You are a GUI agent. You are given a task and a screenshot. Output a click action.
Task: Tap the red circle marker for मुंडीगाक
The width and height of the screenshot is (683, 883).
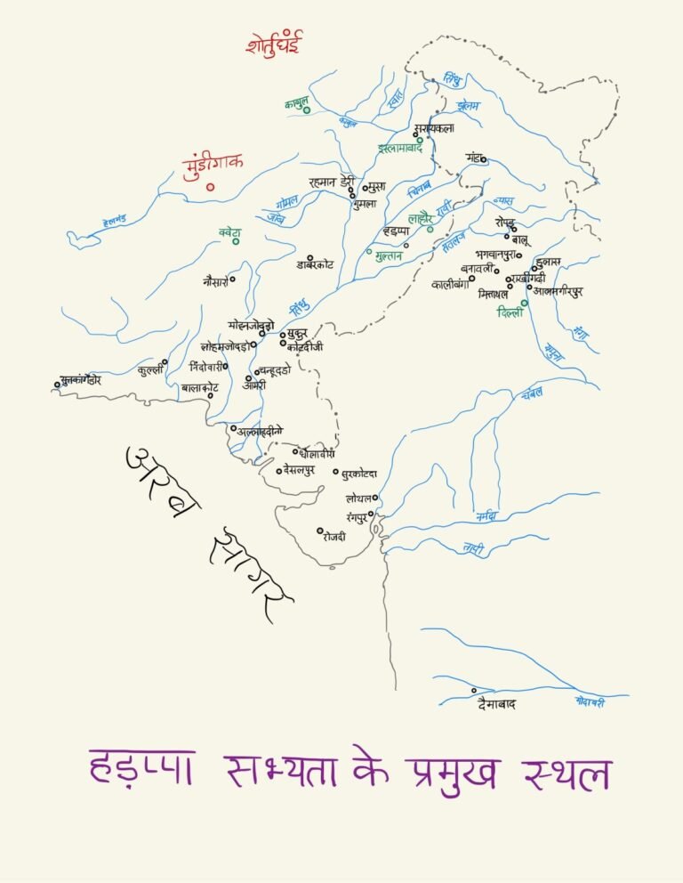211,187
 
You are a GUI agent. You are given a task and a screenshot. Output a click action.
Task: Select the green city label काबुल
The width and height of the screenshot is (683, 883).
296,104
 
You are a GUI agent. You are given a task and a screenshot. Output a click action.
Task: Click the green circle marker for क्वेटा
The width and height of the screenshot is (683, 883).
237,240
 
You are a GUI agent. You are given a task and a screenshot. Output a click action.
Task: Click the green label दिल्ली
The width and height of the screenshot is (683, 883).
511,313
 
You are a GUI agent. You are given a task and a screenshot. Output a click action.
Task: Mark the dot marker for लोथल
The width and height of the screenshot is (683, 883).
375,498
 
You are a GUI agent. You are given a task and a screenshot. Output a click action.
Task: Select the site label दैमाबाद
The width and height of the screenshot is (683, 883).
496,705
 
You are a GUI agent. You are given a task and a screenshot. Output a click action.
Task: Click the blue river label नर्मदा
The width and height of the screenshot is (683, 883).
486,516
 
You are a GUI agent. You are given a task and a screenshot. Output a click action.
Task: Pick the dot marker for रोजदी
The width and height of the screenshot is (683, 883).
320,531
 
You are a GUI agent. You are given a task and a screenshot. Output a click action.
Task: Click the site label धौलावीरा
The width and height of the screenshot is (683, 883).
317,453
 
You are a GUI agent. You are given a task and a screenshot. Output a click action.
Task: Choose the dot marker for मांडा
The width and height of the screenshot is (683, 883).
484,160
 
